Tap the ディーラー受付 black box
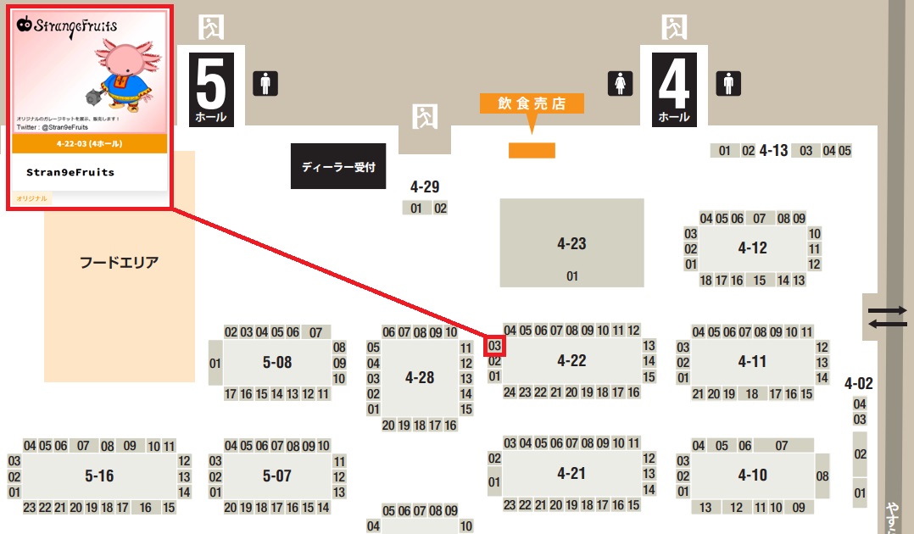pos(338,167)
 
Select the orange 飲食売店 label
pos(532,103)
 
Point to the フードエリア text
pos(120,262)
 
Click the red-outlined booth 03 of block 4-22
pos(495,345)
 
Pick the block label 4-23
pos(571,244)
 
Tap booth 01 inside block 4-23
pos(571,275)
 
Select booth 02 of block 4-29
pos(440,208)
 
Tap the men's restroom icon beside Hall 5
pos(265,83)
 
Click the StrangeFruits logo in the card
pos(67,25)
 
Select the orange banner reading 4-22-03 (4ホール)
pos(89,143)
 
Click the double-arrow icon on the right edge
pos(887,317)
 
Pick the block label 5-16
pos(99,476)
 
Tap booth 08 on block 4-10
pos(822,476)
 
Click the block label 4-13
pos(773,151)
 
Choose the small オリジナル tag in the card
pos(32,198)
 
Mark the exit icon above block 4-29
pos(424,117)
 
